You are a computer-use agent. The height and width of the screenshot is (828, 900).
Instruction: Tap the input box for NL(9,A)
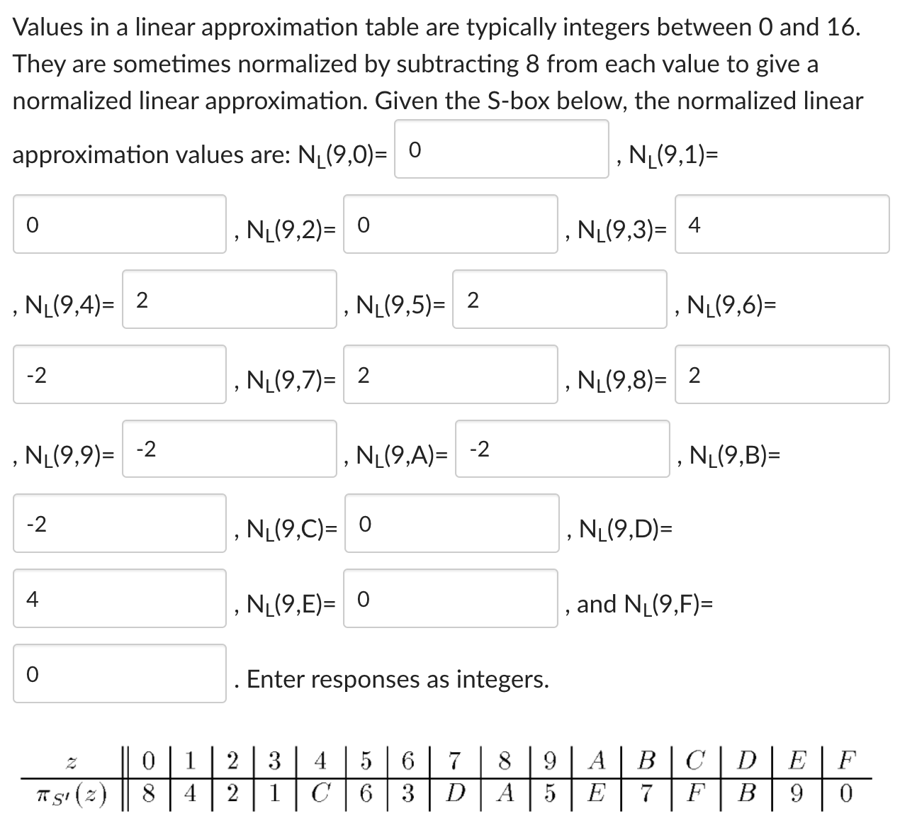click(x=562, y=449)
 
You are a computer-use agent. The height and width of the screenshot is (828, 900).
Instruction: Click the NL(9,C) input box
click(x=451, y=524)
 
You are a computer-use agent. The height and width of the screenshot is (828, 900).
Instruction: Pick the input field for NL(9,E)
click(x=450, y=599)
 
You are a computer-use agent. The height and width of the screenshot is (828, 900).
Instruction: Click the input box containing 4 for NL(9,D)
click(x=119, y=599)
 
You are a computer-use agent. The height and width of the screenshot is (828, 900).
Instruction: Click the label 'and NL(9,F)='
click(x=644, y=604)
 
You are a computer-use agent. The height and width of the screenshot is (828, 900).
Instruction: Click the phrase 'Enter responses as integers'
click(x=397, y=679)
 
